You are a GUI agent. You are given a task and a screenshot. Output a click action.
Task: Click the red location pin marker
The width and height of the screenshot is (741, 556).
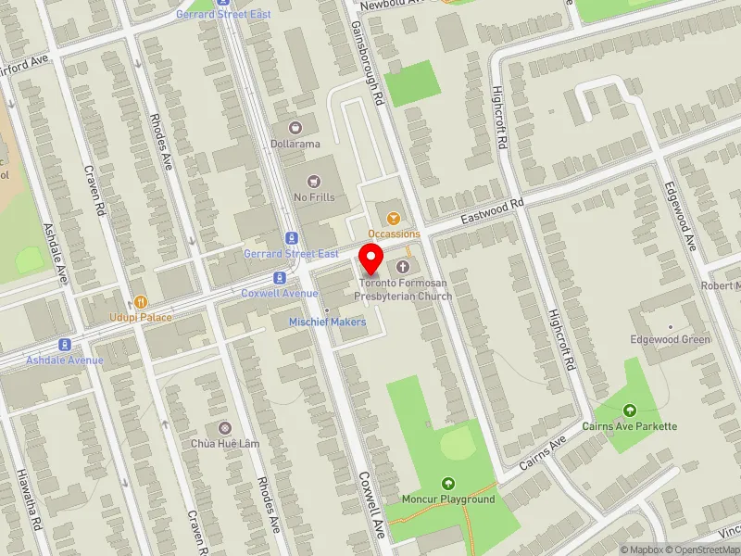371,259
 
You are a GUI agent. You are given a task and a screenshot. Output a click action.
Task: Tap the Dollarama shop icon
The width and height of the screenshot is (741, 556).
295,127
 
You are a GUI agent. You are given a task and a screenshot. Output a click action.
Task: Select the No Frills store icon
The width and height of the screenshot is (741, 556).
313,179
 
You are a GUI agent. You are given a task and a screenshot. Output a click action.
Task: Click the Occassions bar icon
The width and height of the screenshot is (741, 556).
394,218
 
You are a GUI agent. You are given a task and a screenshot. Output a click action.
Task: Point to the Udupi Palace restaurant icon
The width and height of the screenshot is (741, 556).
141,301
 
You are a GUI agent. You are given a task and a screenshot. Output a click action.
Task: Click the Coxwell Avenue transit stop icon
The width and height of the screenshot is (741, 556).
279,277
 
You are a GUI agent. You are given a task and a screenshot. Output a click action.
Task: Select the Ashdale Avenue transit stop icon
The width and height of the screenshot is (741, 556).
63,344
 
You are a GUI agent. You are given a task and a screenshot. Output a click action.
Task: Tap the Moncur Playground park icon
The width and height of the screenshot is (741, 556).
448,483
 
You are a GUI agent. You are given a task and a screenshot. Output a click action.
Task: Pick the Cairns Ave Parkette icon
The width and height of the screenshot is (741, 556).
630,411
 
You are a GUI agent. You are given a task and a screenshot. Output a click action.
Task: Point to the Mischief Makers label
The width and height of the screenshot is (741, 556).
327,322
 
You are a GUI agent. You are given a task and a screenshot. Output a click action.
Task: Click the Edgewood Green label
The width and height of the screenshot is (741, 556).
669,339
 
